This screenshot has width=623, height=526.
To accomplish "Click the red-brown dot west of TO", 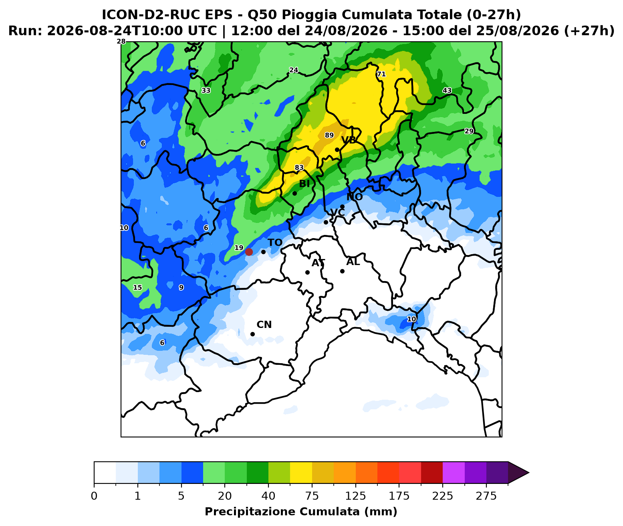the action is [x=249, y=252].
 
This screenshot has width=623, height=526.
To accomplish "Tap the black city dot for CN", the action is [x=252, y=334].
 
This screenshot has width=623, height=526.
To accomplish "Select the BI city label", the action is [x=304, y=184].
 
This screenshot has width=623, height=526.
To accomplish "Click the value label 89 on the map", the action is [x=329, y=135].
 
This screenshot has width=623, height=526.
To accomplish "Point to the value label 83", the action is [x=299, y=168].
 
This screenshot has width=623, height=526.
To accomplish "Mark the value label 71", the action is [x=381, y=74].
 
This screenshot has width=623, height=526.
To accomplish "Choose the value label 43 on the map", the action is [x=447, y=91].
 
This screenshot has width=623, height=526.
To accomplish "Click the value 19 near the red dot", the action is [x=239, y=248].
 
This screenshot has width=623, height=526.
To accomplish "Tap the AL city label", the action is [x=353, y=262].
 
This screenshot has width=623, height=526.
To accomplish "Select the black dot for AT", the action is [x=307, y=272].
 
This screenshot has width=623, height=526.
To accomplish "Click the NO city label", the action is [x=355, y=197].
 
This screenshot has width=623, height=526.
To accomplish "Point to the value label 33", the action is [x=206, y=91].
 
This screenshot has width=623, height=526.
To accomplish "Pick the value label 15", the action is [x=137, y=287].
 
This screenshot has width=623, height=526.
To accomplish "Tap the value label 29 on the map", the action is [x=469, y=131].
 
